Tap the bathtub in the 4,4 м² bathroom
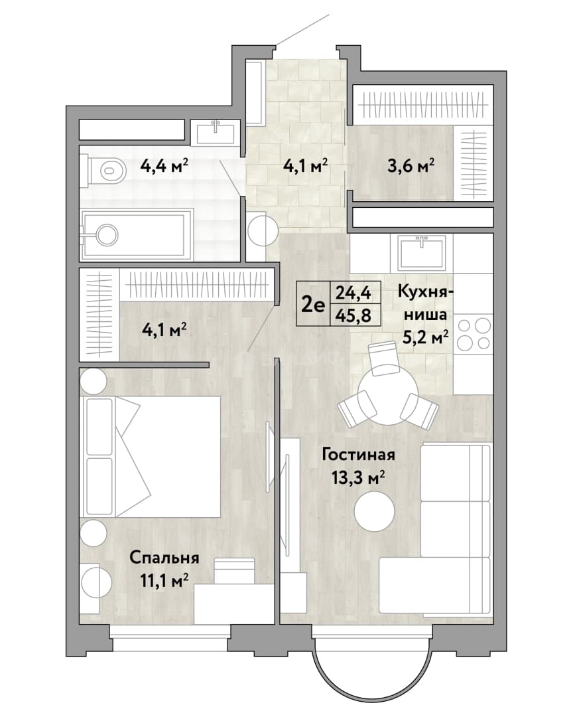pos(136,235)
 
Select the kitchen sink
pos(421,253)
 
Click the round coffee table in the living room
pos(375,512)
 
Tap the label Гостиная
pos(359,455)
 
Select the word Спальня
pos(164,558)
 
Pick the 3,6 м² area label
pos(411,165)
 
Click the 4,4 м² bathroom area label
pos(164,165)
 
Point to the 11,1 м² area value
pos(164,581)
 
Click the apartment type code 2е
pos(313,303)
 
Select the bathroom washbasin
pos(216,133)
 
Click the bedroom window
pos(170,635)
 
